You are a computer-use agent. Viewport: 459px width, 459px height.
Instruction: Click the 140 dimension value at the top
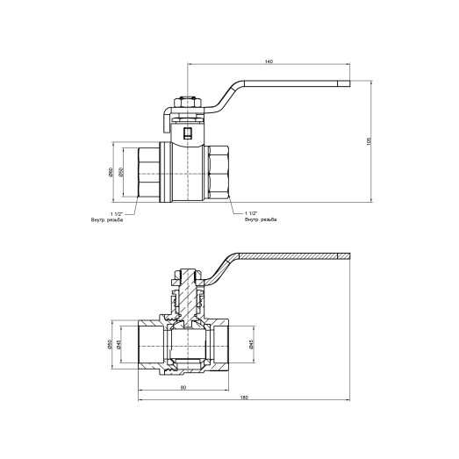coord(269,62)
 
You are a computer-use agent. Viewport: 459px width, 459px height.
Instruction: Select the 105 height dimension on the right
coord(370,141)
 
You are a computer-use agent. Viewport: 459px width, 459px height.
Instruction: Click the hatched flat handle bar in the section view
coord(290,256)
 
